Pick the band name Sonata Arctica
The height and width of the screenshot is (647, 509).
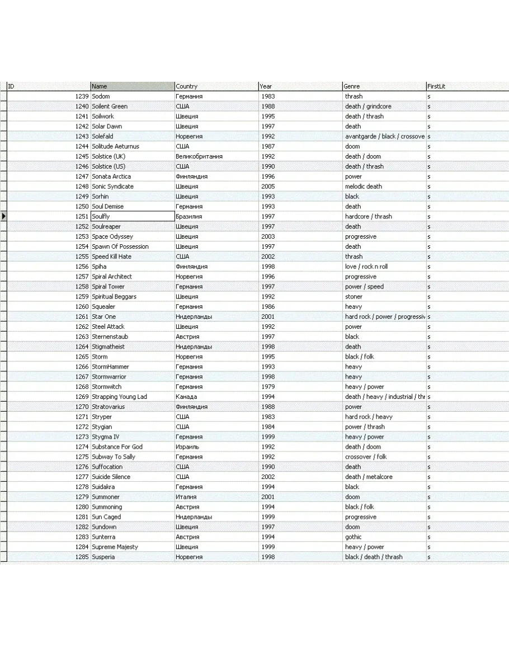click(x=111, y=176)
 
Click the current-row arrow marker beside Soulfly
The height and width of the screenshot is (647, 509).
click(x=3, y=216)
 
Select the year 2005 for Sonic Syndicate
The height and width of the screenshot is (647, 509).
click(x=268, y=187)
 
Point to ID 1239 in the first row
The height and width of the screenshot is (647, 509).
click(x=82, y=96)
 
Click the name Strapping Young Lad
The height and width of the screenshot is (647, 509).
click(x=119, y=397)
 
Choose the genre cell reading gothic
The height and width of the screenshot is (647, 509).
click(x=354, y=537)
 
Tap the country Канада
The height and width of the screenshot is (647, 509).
click(x=186, y=397)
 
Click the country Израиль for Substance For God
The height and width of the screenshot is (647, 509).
click(x=187, y=446)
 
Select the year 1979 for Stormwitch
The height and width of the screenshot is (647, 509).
click(x=268, y=387)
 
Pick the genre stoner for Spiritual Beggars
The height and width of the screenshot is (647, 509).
click(x=354, y=296)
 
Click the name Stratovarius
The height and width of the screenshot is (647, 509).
click(x=109, y=407)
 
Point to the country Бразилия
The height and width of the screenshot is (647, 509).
click(x=189, y=216)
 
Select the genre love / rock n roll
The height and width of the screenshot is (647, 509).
click(x=366, y=267)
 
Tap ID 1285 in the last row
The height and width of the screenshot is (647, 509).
click(x=82, y=557)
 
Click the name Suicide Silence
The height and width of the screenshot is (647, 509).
click(x=111, y=477)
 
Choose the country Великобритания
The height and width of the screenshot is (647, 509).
click(x=199, y=156)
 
